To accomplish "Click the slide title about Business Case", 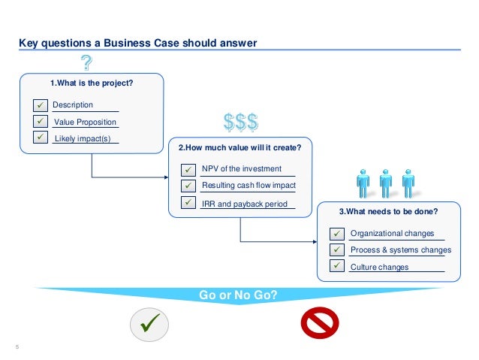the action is pyautogui.click(x=137, y=43).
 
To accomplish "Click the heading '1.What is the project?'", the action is pyautogui.click(x=91, y=83).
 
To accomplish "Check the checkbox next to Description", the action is pyautogui.click(x=39, y=104).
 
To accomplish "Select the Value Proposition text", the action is pyautogui.click(x=86, y=122).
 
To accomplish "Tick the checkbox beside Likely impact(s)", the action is pyautogui.click(x=39, y=138).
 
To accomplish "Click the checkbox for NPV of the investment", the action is pyautogui.click(x=188, y=169).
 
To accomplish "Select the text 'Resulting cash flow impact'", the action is pyautogui.click(x=249, y=186).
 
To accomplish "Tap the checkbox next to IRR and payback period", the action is pyautogui.click(x=188, y=203).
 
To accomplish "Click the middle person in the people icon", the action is pyautogui.click(x=386, y=181).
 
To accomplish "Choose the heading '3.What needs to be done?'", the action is pyautogui.click(x=388, y=211).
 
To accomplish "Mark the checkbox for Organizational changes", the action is pyautogui.click(x=337, y=234).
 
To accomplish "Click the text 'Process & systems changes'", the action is pyautogui.click(x=401, y=250).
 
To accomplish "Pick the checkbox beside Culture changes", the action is pyautogui.click(x=337, y=266).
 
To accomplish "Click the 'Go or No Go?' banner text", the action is pyautogui.click(x=238, y=295).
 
